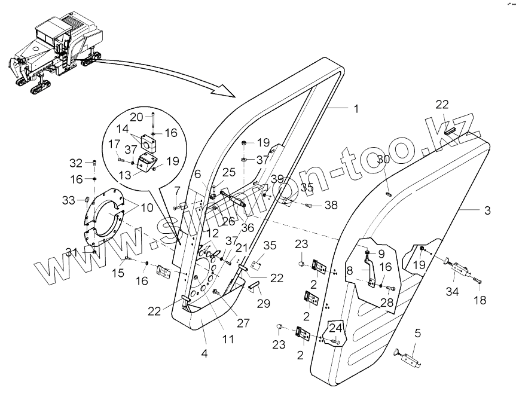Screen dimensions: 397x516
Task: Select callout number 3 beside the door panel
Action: tap(487, 210)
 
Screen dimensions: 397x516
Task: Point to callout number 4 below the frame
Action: tap(204, 353)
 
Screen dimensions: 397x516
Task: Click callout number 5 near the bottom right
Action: tap(418, 334)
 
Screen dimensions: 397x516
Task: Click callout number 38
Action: tap(331, 205)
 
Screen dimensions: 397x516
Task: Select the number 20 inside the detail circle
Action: tap(137, 116)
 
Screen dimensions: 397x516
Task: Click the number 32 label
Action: tap(75, 162)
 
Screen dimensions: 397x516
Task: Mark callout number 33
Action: tap(69, 199)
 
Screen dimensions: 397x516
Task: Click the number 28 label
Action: tap(387, 303)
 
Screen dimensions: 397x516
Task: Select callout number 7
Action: tap(178, 190)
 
